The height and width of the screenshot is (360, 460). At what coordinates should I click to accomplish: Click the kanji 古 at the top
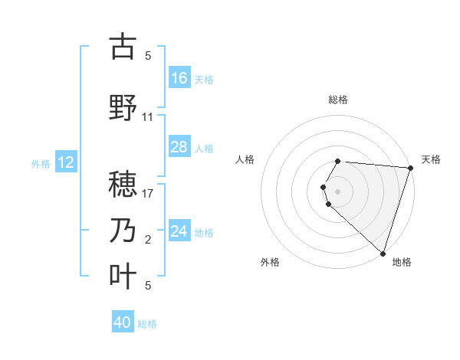(123, 47)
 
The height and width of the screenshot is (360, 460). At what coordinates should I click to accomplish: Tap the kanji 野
(123, 108)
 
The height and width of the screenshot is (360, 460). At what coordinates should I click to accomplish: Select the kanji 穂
(123, 185)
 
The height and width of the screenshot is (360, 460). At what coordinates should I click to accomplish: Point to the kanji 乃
(123, 231)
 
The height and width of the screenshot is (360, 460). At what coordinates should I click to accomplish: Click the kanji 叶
(123, 277)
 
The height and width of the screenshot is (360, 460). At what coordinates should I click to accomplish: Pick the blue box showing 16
(179, 78)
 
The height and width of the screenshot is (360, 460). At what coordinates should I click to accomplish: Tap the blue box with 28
(179, 147)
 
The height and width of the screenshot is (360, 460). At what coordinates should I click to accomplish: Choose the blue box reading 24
(179, 231)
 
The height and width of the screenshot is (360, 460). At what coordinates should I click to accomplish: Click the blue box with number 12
(65, 162)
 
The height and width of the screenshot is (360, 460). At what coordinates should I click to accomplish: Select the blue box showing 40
(123, 323)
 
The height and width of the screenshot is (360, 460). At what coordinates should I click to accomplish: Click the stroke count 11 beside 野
(148, 117)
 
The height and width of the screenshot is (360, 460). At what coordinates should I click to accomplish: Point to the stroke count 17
(148, 194)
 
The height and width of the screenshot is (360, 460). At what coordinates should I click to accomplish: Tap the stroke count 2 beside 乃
(148, 240)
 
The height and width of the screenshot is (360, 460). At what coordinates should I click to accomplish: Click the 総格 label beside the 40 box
(147, 324)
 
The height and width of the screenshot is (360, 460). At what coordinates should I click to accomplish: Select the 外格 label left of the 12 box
(41, 163)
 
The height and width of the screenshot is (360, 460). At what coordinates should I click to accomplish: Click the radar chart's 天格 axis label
(431, 159)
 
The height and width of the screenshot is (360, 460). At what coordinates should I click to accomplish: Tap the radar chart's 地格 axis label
(402, 262)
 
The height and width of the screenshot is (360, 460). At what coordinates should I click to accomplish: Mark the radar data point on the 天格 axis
(410, 168)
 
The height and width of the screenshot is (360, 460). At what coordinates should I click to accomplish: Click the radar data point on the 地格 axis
(383, 253)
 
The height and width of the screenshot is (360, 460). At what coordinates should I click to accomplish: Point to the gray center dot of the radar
(338, 191)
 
